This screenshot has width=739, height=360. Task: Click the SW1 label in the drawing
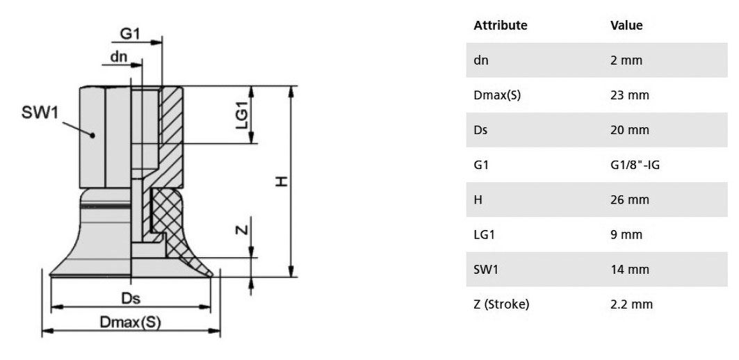coord(40,113)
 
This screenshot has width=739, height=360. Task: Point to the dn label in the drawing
coord(119,57)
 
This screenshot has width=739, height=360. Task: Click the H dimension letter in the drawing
coord(282,181)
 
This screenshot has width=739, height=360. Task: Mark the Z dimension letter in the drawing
coord(241,230)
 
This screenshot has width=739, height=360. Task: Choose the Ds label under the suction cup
coord(131,299)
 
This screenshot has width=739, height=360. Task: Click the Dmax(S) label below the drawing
coord(131,322)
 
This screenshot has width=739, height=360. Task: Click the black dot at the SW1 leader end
coord(93,136)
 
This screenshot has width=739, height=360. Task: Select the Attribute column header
coord(500,25)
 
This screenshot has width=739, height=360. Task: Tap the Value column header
coord(626,25)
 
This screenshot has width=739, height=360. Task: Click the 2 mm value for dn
coord(626,60)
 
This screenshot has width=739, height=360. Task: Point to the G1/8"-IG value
coord(634,165)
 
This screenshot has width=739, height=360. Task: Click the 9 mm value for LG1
coord(626,235)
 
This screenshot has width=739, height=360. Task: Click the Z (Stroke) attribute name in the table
coord(501,305)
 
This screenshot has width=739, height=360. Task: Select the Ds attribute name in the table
coord(480,130)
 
